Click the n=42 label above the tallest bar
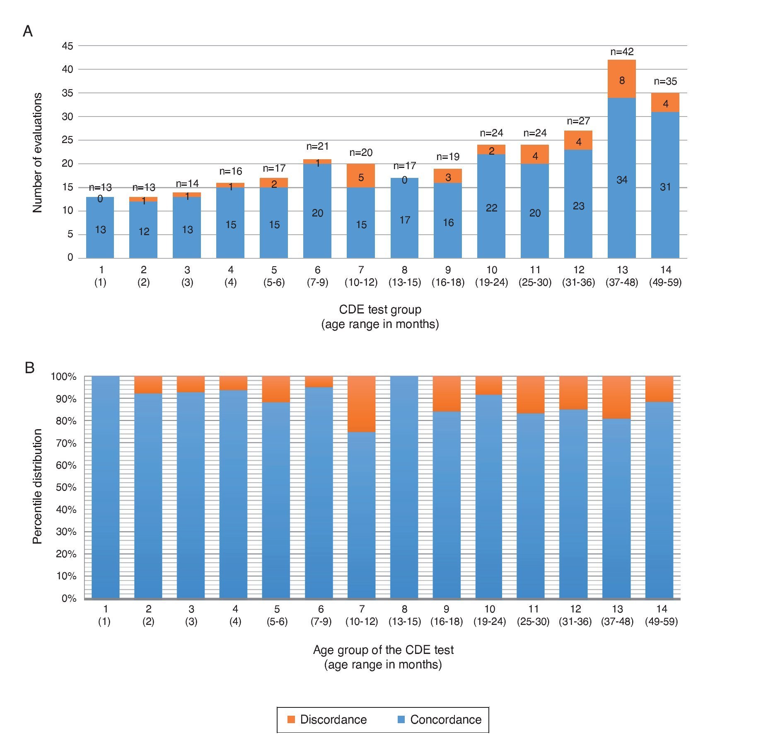(622, 52)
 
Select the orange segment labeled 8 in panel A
(621, 79)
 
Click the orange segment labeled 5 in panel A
(361, 176)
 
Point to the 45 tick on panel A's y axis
(67, 46)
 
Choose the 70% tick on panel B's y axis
(66, 443)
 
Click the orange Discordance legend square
(291, 719)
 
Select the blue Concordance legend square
(401, 719)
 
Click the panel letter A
(28, 32)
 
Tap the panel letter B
(29, 368)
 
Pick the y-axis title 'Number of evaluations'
(38, 153)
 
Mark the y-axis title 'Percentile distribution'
(38, 486)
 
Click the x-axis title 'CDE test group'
(380, 310)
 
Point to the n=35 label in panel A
(665, 82)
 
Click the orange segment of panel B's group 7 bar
(361, 404)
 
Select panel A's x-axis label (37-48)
(622, 283)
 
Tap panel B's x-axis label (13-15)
(405, 622)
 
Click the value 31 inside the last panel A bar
(665, 187)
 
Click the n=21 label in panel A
(317, 146)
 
